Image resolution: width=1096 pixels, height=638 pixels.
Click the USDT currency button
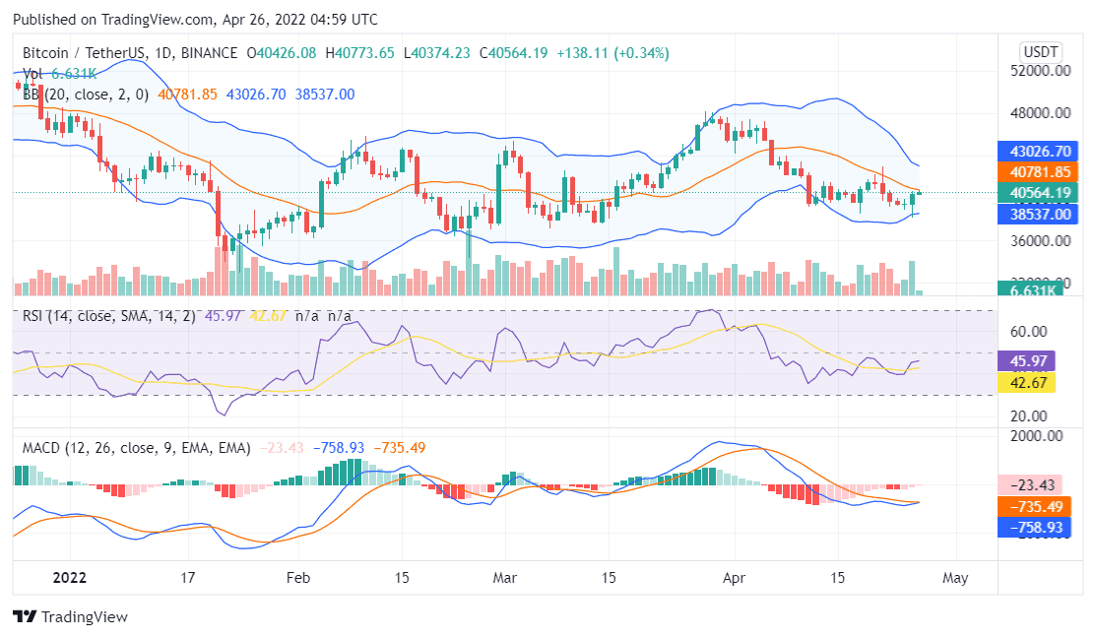[x=1040, y=52]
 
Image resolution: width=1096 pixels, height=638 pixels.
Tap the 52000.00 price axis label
[x=1040, y=72]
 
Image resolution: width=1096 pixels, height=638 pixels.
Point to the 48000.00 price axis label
[x=1040, y=113]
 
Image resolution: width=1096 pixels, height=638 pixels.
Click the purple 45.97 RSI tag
[x=1025, y=360]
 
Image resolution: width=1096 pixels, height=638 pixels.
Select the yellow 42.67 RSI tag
[x=1025, y=381]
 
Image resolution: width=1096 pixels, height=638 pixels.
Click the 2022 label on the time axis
[x=70, y=578]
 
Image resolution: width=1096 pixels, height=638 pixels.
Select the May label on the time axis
[x=955, y=578]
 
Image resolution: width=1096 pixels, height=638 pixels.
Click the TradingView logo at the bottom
[x=70, y=617]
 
